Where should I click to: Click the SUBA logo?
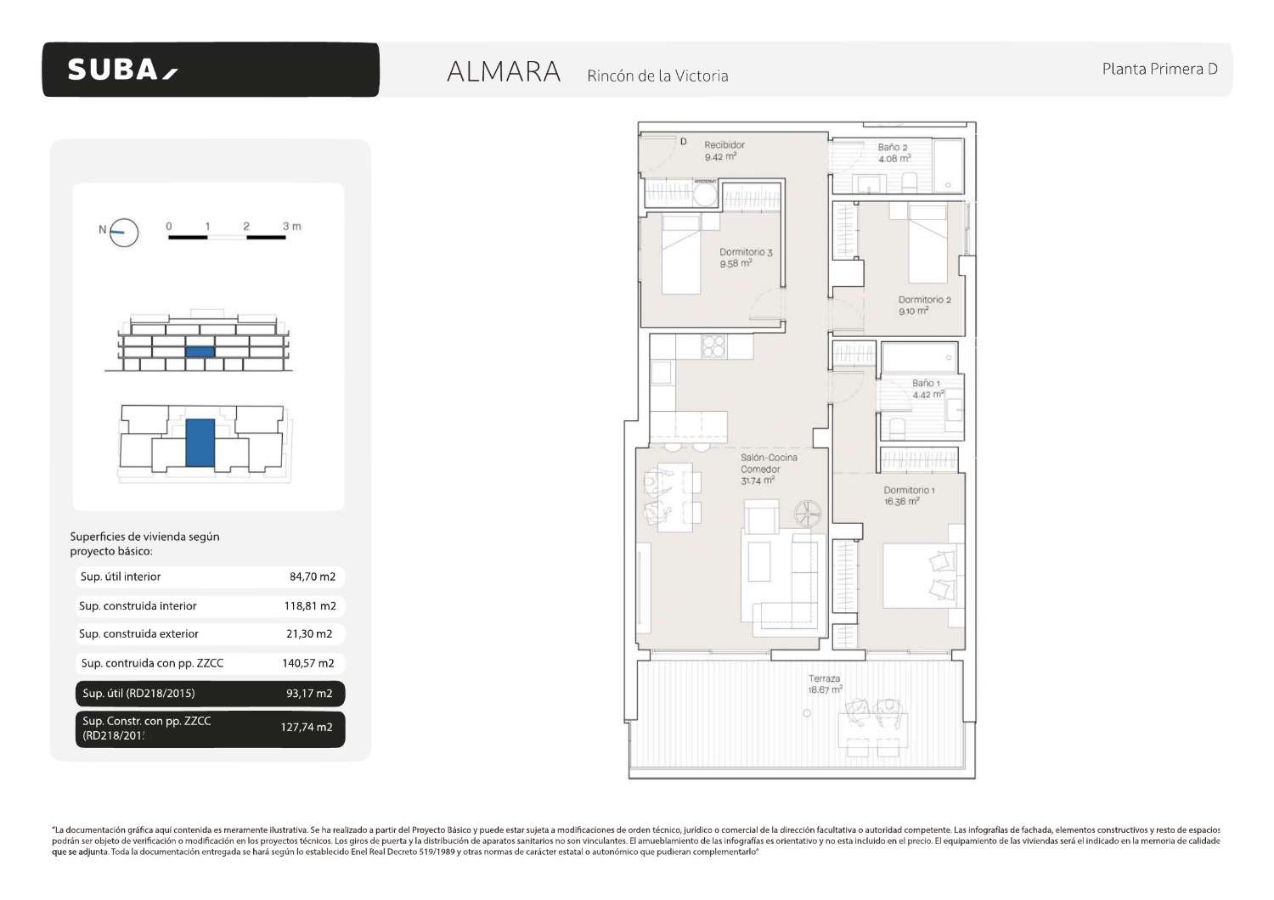pos(122,70)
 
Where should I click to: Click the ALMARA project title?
pos(504,72)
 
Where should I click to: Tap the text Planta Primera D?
pos(1159,69)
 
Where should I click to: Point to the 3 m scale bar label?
pos(291,227)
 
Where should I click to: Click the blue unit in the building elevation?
pos(200,352)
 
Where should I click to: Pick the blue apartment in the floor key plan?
pos(200,442)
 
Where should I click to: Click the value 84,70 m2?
pos(313,577)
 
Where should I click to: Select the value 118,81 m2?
pos(310,606)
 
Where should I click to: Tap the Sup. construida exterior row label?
pos(138,634)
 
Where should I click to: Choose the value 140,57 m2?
pos(308,663)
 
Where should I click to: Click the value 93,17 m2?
pos(309,694)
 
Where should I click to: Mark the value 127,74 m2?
pos(307,728)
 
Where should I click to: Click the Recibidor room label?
pos(724,145)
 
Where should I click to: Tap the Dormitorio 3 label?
pos(746,252)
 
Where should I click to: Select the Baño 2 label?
pos(893,147)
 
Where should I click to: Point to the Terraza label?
pos(824,678)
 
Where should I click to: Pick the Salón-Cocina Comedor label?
pos(769,463)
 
